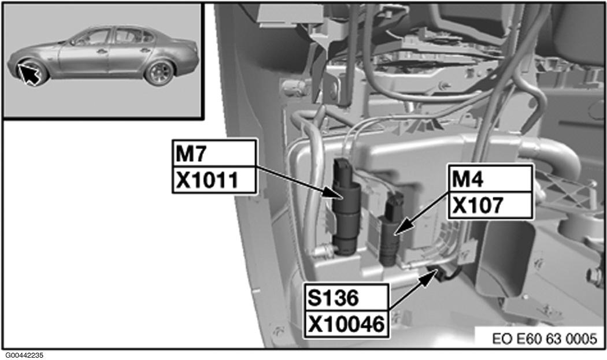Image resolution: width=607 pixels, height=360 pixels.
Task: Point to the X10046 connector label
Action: [346, 324]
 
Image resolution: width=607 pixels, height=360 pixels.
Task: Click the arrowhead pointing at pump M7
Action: [334, 193]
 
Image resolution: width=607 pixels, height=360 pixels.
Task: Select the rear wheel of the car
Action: [160, 73]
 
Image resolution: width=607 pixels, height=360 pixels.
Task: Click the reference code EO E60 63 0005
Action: [545, 339]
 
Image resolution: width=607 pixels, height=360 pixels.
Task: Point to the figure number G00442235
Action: [24, 355]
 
